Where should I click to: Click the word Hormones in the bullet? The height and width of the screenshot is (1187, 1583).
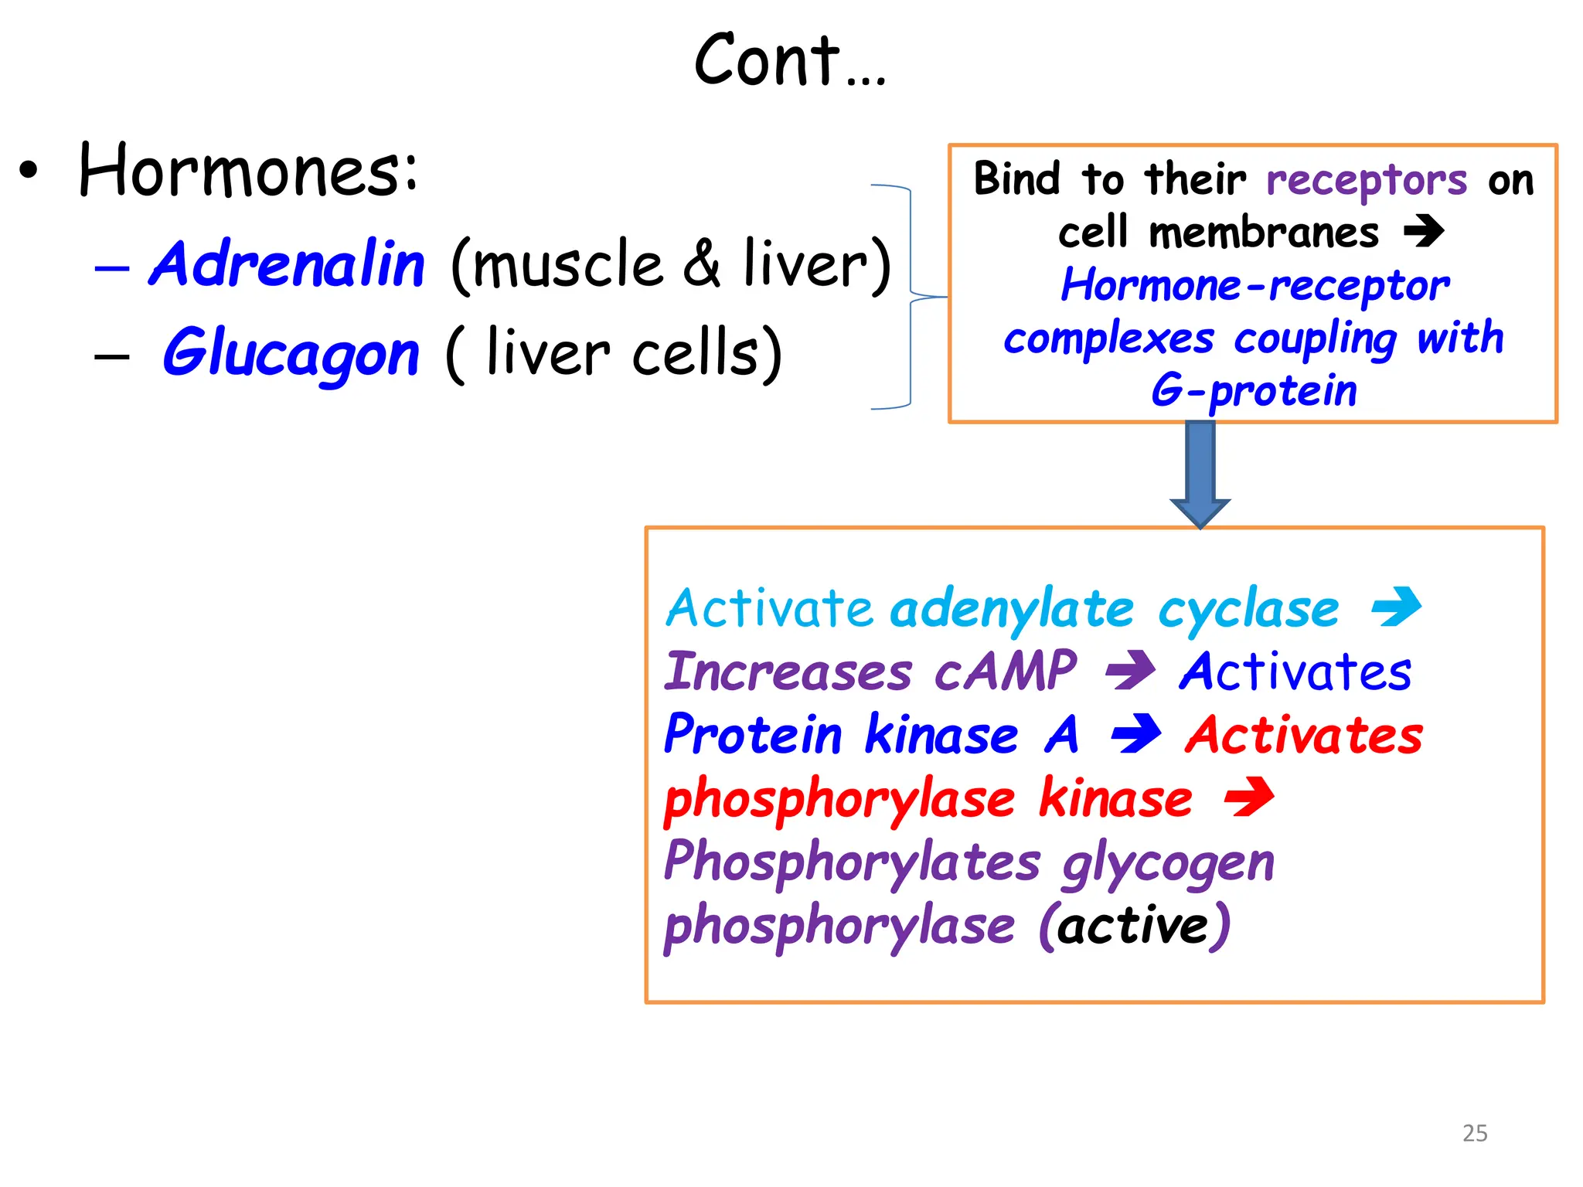click(x=247, y=172)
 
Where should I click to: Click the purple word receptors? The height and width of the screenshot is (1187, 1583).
click(x=1366, y=181)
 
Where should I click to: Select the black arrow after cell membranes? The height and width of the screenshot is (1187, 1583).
click(x=1424, y=230)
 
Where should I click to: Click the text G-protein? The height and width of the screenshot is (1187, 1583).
click(x=1253, y=390)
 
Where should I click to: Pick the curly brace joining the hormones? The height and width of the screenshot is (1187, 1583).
click(x=911, y=296)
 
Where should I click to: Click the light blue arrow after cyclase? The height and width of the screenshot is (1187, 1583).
click(x=1396, y=607)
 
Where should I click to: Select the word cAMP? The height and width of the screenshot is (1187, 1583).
click(x=1005, y=671)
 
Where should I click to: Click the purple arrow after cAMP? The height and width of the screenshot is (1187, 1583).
click(x=1130, y=671)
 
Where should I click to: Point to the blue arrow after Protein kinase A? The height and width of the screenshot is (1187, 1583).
click(x=1135, y=734)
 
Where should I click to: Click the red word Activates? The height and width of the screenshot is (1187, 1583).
click(x=1303, y=735)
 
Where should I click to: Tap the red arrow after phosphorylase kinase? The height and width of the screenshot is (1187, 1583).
click(x=1248, y=798)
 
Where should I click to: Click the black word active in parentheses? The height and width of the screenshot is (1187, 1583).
click(x=1133, y=926)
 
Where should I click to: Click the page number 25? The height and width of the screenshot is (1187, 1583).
click(x=1475, y=1133)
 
